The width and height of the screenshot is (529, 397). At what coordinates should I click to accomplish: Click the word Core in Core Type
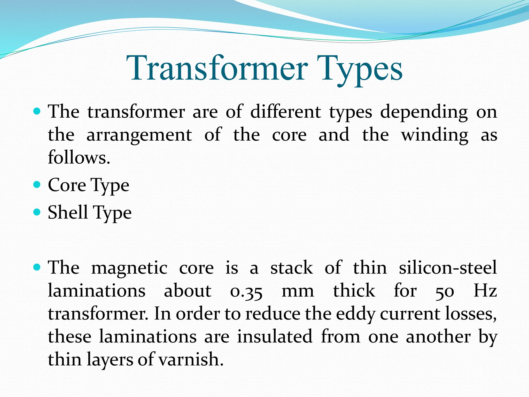pos(67,185)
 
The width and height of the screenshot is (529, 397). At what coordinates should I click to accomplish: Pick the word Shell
pos(68,212)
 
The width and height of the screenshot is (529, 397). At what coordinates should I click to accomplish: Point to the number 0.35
pos(246,291)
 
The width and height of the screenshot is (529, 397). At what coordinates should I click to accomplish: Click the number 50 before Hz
pos(445,291)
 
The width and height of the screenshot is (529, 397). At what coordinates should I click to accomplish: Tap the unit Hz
pos(485,291)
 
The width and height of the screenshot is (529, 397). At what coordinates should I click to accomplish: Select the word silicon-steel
pos(448,268)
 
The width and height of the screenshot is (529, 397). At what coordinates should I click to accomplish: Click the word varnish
pos(191,360)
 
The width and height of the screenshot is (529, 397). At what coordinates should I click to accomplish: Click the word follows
pos(79,157)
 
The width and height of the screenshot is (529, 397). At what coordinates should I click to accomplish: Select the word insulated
pos(275,337)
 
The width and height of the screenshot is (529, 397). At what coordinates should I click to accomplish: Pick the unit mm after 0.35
pos(298,291)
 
